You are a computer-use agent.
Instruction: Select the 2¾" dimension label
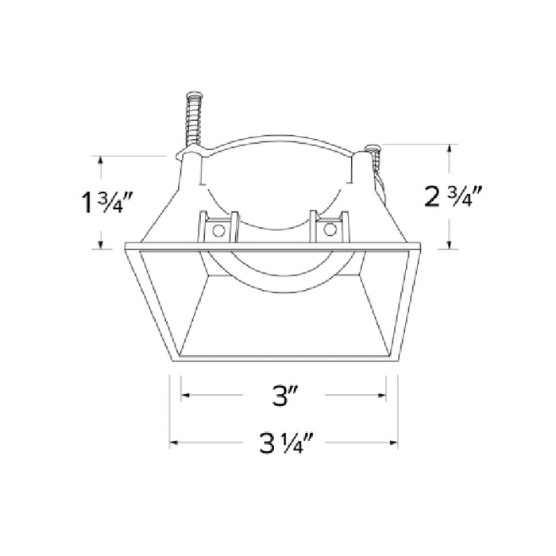[x=454, y=195]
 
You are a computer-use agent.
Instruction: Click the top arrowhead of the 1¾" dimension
[x=101, y=160]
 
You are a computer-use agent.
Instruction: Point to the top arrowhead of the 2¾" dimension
[x=450, y=147]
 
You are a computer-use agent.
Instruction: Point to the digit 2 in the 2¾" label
[x=433, y=197]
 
